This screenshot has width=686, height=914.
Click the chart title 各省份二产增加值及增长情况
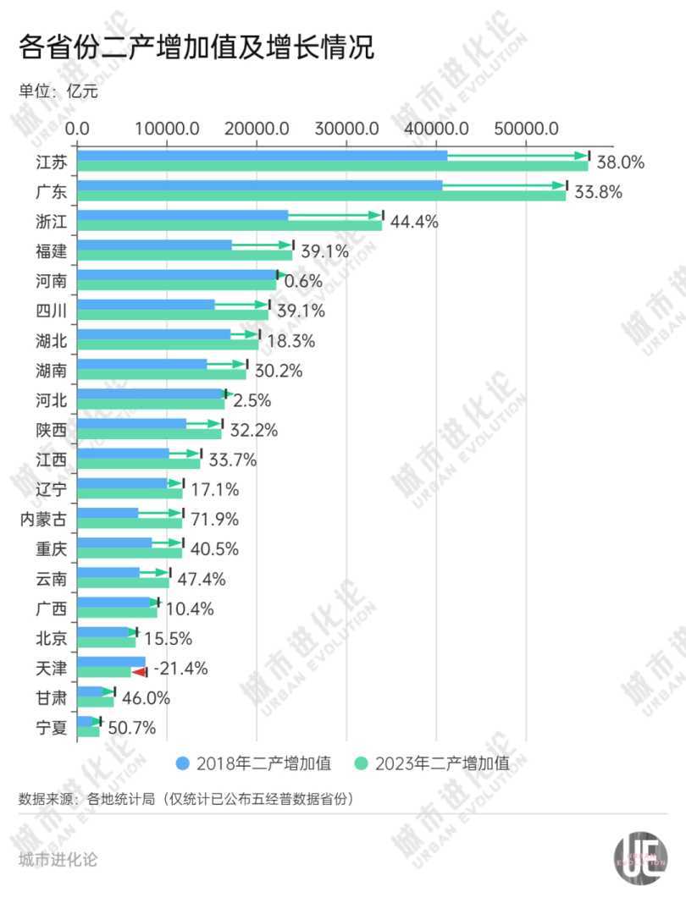tap(196, 47)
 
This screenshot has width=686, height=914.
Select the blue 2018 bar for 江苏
tap(263, 156)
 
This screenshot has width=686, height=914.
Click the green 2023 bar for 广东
tap(322, 195)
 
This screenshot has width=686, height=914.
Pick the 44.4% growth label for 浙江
tap(414, 222)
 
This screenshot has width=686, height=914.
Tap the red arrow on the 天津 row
tap(140, 671)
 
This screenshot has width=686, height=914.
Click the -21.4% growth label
tap(181, 669)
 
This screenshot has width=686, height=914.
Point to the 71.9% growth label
tap(215, 519)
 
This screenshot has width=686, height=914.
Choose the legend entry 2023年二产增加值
tap(433, 763)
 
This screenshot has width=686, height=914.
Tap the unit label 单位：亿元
tap(58, 91)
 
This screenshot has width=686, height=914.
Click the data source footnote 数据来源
tap(185, 799)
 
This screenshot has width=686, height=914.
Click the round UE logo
tap(640, 858)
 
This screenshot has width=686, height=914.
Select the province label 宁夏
tap(50, 727)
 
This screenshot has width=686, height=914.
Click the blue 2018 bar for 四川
tap(146, 305)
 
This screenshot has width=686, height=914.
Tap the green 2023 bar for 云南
tap(123, 582)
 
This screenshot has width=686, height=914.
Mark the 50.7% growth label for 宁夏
tap(132, 727)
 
